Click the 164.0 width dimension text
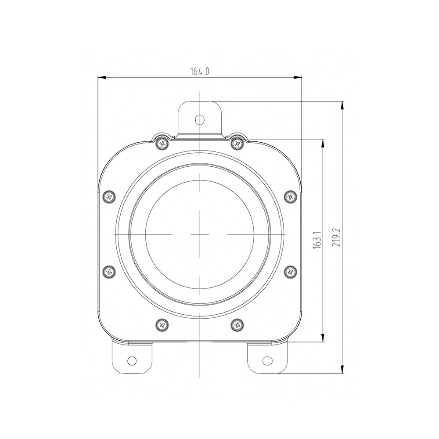[200, 72]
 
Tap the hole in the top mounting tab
[200, 119]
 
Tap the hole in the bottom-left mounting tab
[132, 360]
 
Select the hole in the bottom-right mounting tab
[267, 360]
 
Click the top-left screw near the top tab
[162, 144]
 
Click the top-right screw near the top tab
[237, 144]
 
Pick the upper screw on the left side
[109, 197]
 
